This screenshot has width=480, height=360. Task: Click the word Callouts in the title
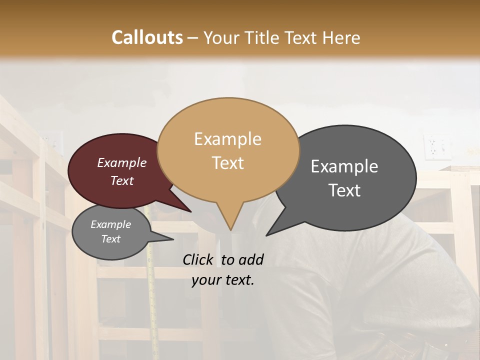pyautogui.click(x=147, y=37)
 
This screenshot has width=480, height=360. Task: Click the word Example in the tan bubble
pyautogui.click(x=227, y=139)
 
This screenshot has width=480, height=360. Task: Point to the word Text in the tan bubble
pyautogui.click(x=227, y=163)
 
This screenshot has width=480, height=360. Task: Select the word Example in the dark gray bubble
pyautogui.click(x=344, y=166)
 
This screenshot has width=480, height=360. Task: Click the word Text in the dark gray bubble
pyautogui.click(x=344, y=190)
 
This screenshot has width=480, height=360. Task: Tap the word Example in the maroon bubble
pyautogui.click(x=121, y=163)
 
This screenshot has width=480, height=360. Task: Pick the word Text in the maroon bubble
pyautogui.click(x=121, y=181)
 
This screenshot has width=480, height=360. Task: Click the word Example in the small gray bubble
pyautogui.click(x=110, y=224)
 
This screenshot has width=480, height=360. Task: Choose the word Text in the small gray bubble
pyautogui.click(x=110, y=239)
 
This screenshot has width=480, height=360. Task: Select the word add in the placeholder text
pyautogui.click(x=251, y=259)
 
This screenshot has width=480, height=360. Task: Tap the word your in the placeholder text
pyautogui.click(x=206, y=280)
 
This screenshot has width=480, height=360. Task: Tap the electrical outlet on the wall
pyautogui.click(x=431, y=146)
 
